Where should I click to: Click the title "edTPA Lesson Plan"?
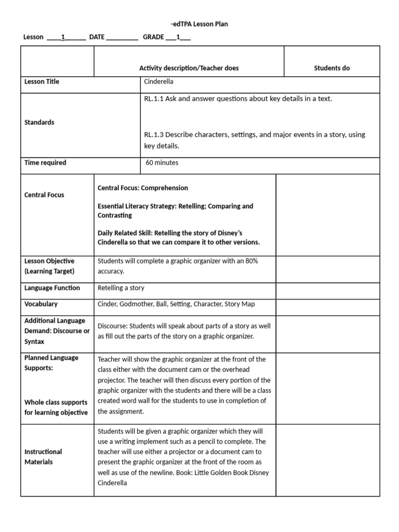[x=199, y=24]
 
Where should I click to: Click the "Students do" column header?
[x=331, y=68]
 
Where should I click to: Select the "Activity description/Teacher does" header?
[x=189, y=68]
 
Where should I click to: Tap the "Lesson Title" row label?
[x=42, y=82]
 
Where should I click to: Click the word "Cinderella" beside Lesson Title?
[x=159, y=82]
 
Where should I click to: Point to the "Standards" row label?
[x=39, y=122]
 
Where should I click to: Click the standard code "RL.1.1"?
[x=154, y=99]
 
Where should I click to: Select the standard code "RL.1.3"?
[x=154, y=135]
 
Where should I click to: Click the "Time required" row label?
[x=46, y=163]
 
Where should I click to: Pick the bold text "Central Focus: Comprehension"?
[x=143, y=188]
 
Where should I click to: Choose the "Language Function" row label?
[x=52, y=288]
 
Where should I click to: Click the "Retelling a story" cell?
[x=121, y=288]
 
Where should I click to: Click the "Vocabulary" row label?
[x=41, y=304]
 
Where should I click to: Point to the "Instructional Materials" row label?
[x=43, y=457]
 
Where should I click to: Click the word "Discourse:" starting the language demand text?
[x=113, y=326]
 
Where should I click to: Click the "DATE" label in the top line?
[x=97, y=37]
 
